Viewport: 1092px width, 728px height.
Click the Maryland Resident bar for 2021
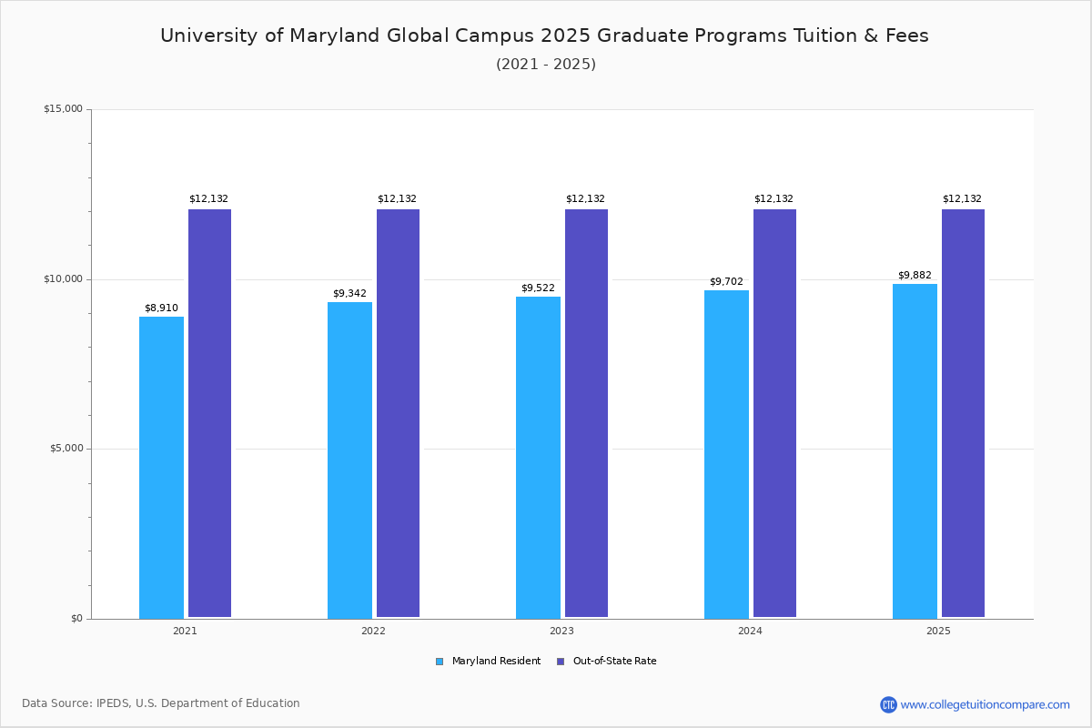[x=161, y=467]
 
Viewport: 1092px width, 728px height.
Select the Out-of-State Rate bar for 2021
[x=209, y=413]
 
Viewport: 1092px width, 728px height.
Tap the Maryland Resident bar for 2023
[x=538, y=457]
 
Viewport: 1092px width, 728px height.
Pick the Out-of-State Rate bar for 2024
[x=774, y=413]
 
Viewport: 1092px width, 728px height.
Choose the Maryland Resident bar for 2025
[x=915, y=450]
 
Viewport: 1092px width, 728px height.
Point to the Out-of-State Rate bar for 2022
[x=398, y=413]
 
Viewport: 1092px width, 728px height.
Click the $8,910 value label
[x=161, y=308]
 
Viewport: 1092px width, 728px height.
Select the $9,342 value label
[x=349, y=293]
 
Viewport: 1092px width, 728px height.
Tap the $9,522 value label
[x=538, y=288]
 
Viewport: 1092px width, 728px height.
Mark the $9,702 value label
[x=726, y=281]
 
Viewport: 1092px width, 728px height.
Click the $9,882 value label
[x=915, y=275]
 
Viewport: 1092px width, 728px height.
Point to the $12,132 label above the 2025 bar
[x=962, y=198]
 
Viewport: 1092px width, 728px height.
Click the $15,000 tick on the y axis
[x=63, y=109]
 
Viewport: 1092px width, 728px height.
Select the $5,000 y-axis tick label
[x=66, y=449]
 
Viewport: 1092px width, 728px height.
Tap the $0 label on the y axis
[x=76, y=619]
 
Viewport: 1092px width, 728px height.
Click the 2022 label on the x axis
[x=373, y=631]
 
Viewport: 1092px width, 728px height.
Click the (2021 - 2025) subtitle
[x=545, y=64]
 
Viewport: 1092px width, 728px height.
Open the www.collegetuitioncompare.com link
[x=985, y=704]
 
